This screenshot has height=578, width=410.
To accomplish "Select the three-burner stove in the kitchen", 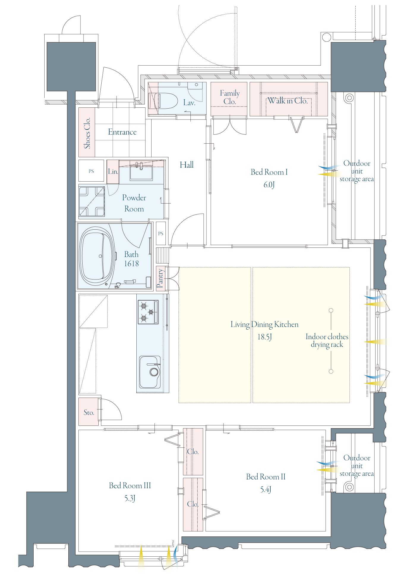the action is point(148,312).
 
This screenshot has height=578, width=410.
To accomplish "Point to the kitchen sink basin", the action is point(150,372).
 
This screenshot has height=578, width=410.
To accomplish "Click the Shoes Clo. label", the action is point(87,133).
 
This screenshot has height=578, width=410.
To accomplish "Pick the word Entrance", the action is point(122,132).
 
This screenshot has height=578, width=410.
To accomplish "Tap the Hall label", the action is point(187,165).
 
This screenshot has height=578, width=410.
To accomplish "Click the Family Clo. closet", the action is point(229,99).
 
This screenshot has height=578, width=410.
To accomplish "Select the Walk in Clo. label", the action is point(288,101).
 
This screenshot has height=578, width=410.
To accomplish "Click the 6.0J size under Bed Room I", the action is point(269,185).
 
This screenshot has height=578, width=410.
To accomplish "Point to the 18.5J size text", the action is point(264,337).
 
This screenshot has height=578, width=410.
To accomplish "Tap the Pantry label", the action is point(160,278).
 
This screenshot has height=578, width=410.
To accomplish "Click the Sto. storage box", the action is point(89,412).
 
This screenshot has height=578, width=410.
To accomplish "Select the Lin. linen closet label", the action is point(113,172).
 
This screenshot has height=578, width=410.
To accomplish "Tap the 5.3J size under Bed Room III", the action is point(130,498).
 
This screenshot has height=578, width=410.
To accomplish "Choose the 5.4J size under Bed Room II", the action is point(266,490).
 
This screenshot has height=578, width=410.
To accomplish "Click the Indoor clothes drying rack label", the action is point(327,341).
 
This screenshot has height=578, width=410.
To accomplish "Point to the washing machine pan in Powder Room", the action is point(92,201).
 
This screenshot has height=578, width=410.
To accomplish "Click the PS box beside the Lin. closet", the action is point(91,171).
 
